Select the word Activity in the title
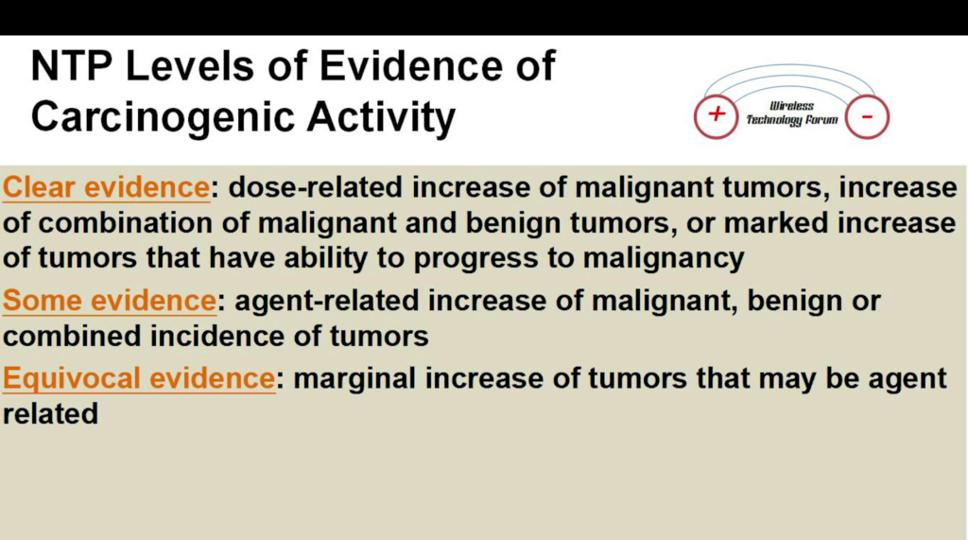381,117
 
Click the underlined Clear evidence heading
106,187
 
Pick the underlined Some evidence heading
110,301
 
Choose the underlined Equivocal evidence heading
139,378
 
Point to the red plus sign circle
717,115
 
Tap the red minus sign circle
867,116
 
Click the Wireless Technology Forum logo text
792,113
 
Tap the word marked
775,223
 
